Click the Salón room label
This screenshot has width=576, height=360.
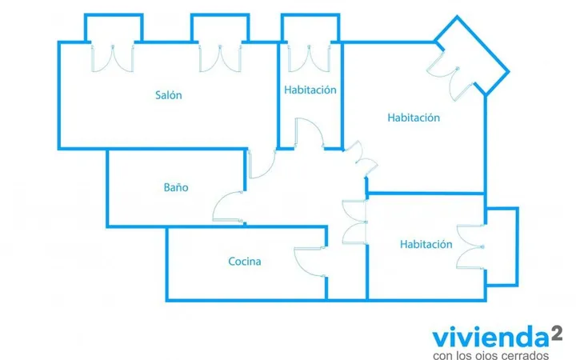[x=169, y=95]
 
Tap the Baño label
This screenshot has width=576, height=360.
[x=176, y=187]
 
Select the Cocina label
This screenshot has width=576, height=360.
[x=245, y=262]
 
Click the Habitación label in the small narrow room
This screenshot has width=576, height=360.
[x=310, y=90]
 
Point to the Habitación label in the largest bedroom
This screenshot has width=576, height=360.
[x=414, y=118]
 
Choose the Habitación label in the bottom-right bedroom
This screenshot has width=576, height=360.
[x=426, y=244]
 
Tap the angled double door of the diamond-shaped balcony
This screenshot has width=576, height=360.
[x=450, y=75]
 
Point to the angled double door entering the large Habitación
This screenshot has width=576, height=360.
[x=362, y=158]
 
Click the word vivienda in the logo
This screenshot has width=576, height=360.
[x=490, y=338]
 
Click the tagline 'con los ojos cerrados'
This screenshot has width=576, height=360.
[x=490, y=355]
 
